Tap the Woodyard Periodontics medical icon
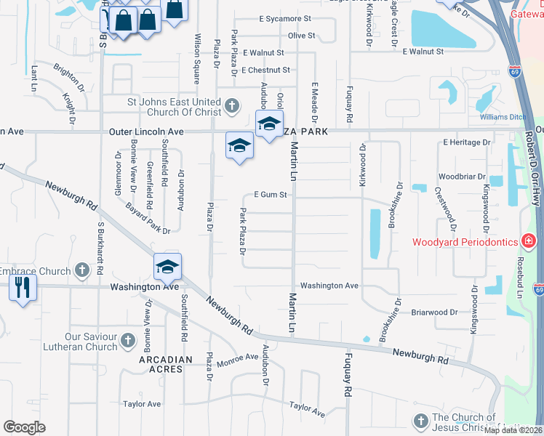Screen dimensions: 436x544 pyautogui.click(x=529, y=242)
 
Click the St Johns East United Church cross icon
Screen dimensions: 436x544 pyautogui.click(x=231, y=107)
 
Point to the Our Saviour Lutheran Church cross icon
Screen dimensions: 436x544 pyautogui.click(x=127, y=341)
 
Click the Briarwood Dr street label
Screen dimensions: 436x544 pyautogui.click(x=433, y=312)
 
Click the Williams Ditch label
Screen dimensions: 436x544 pyautogui.click(x=501, y=117)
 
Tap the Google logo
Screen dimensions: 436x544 pyautogui.click(x=24, y=427)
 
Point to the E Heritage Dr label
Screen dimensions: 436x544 pyautogui.click(x=467, y=142)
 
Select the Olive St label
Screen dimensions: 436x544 pyautogui.click(x=301, y=35)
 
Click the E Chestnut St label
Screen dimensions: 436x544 pyautogui.click(x=266, y=70)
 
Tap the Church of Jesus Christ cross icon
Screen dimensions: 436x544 pyautogui.click(x=420, y=421)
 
